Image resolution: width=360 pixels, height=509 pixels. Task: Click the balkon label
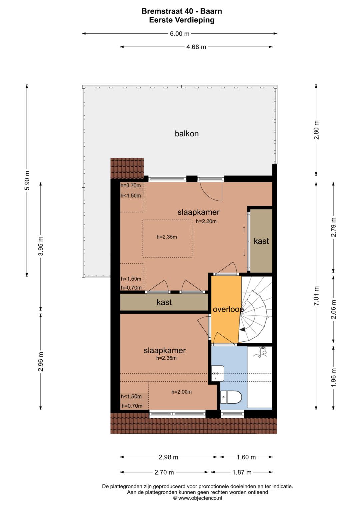pyautogui.click(x=187, y=133)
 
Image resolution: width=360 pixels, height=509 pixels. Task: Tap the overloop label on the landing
pyautogui.click(x=228, y=309)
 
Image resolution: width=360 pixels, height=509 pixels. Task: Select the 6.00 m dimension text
pyautogui.click(x=180, y=34)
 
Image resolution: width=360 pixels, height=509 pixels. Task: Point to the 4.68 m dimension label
pyautogui.click(x=196, y=47)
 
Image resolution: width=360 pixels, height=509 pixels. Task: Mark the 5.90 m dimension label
pyautogui.click(x=27, y=180)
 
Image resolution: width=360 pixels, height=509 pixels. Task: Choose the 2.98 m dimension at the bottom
pyautogui.click(x=168, y=457)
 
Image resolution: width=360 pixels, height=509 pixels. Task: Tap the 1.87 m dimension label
pyautogui.click(x=242, y=473)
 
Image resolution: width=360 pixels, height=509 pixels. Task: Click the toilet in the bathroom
pyautogui.click(x=231, y=397)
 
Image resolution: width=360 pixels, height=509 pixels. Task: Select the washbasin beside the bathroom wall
pyautogui.click(x=218, y=373)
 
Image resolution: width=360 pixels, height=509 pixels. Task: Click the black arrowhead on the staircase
pyautogui.click(x=242, y=329)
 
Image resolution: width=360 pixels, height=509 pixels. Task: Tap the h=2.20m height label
pyautogui.click(x=206, y=221)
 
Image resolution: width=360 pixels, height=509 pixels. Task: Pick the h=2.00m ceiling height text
pyautogui.click(x=181, y=392)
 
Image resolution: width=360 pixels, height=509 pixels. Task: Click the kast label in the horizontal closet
pyautogui.click(x=164, y=302)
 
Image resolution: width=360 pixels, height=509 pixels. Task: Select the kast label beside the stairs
pyautogui.click(x=261, y=241)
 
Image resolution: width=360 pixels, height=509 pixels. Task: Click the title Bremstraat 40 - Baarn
pyautogui.click(x=182, y=11)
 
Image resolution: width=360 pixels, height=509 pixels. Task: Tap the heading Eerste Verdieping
pyautogui.click(x=182, y=20)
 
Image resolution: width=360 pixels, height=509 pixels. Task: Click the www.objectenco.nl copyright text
pyautogui.click(x=197, y=498)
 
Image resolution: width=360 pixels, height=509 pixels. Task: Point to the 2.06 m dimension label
pyautogui.click(x=334, y=309)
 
